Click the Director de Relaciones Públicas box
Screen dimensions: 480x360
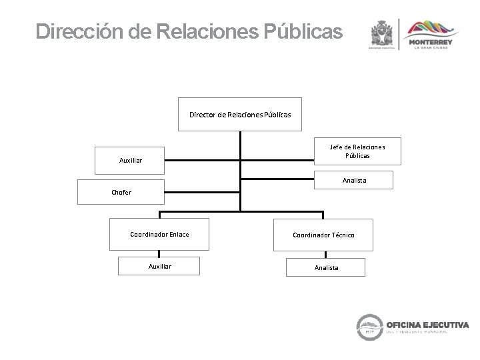[240, 115]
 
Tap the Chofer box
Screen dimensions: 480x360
[121, 192]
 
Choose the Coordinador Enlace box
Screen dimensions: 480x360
[159, 235]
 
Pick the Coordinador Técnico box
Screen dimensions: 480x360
[323, 235]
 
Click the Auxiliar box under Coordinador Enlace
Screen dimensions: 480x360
[159, 266]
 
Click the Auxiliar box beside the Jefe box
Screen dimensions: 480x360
[130, 160]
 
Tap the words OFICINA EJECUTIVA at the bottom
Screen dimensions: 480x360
[426, 325]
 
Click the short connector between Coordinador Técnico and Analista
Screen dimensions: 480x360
[324, 254]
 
